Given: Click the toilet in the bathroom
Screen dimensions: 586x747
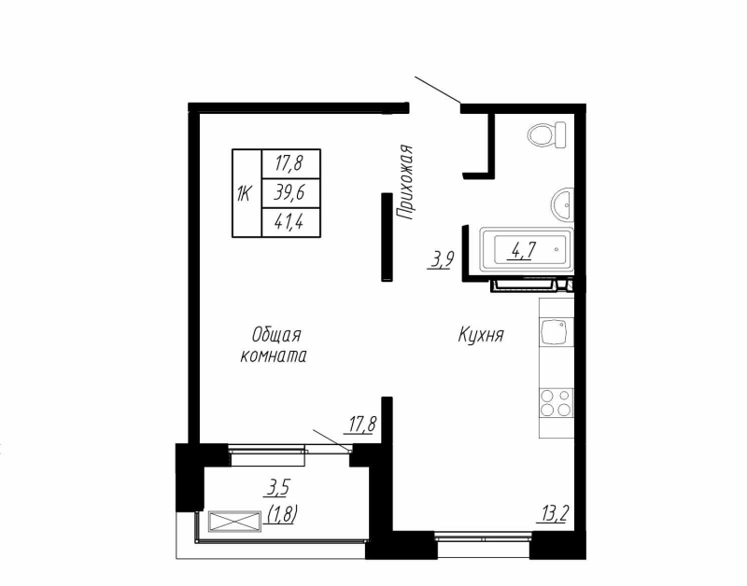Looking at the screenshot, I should click(x=547, y=134).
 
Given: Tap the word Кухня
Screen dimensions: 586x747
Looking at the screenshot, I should click(x=481, y=335).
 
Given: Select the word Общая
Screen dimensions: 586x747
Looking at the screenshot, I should click(x=275, y=334).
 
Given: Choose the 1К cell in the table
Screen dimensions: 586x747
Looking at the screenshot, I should click(x=245, y=193).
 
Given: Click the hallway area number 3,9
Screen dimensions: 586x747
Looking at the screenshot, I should click(x=441, y=260).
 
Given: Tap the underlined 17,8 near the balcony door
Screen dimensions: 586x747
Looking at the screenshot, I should click(x=361, y=426).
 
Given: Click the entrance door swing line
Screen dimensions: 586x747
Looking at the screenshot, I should click(x=436, y=91).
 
